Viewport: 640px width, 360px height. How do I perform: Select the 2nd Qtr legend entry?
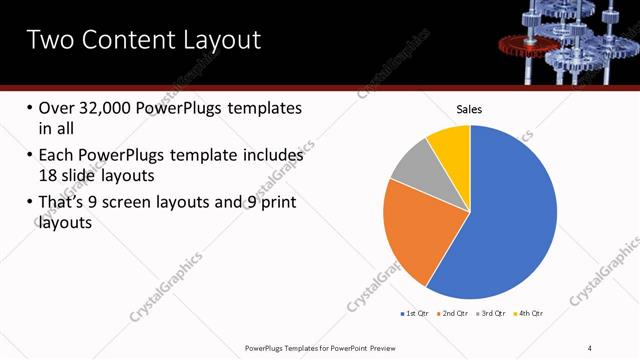(x=455, y=314)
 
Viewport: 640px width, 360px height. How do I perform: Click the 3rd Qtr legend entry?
(x=493, y=314)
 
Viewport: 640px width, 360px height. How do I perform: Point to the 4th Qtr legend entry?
(x=530, y=314)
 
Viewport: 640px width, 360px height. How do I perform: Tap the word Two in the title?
(x=49, y=40)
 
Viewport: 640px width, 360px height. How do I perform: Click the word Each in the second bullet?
(x=56, y=156)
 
